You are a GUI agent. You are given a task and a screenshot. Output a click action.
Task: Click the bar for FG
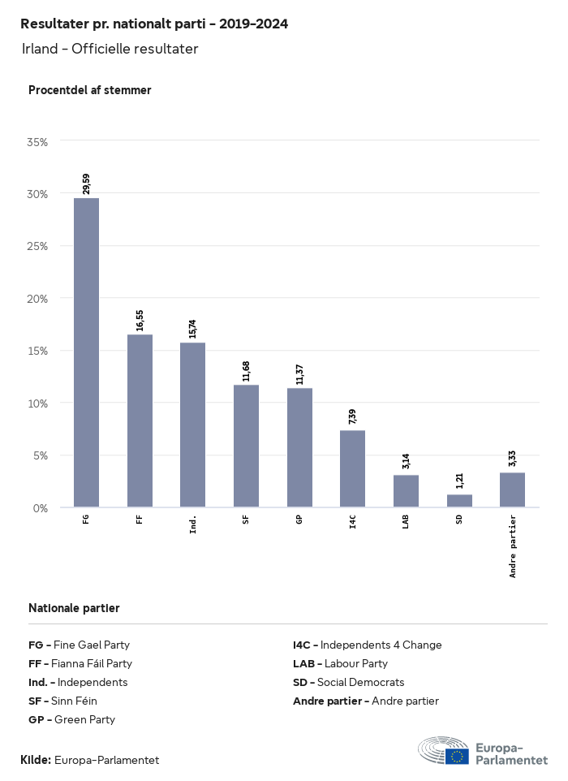click(x=86, y=352)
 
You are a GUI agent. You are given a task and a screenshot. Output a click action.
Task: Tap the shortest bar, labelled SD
click(x=459, y=501)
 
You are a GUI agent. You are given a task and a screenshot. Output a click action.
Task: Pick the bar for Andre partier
click(x=512, y=490)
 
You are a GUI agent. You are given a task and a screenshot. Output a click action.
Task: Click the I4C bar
click(x=352, y=468)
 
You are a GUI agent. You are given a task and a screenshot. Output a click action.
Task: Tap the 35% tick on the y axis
click(x=38, y=141)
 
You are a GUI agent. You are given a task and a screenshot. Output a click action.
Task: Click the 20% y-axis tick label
click(x=38, y=298)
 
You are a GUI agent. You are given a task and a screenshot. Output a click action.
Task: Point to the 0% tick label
click(x=41, y=507)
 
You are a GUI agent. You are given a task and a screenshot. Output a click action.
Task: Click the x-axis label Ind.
click(x=193, y=524)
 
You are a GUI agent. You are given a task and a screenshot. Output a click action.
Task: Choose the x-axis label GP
click(x=299, y=519)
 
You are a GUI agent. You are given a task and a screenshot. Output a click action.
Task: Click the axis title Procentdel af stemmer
click(x=90, y=90)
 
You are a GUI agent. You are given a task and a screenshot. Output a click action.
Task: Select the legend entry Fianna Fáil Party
click(x=80, y=663)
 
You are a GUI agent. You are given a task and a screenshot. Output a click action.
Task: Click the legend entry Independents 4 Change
click(x=367, y=645)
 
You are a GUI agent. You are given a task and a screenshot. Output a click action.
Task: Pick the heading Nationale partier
click(x=74, y=607)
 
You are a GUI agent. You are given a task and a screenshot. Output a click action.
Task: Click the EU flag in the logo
click(x=458, y=757)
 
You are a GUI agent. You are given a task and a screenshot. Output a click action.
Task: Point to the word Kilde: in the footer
click(x=36, y=760)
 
